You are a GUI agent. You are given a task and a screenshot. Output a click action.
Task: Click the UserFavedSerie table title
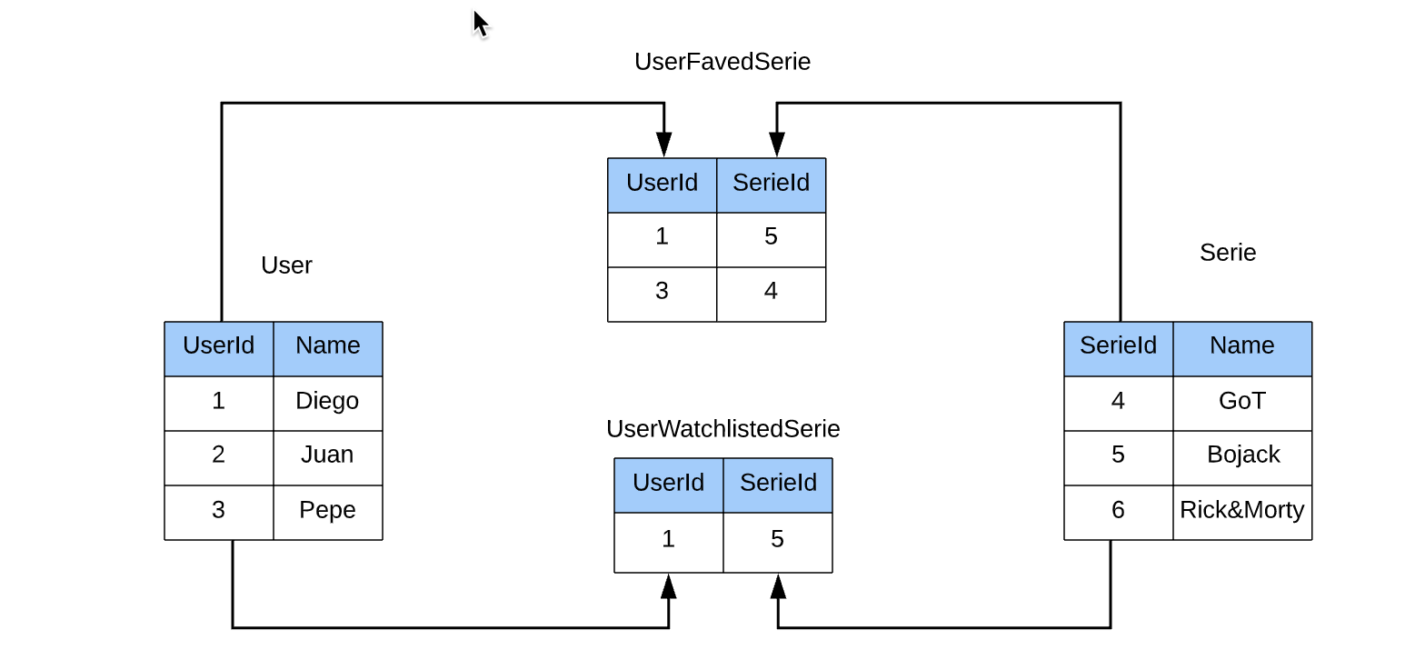[x=722, y=62]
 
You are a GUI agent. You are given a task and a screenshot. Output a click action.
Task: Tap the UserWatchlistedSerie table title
[x=722, y=429]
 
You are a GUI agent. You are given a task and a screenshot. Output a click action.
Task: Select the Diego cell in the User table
[x=327, y=401]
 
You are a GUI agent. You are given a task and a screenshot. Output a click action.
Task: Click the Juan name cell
[x=327, y=455]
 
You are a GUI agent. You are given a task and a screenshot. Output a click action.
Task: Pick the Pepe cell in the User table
[x=327, y=510]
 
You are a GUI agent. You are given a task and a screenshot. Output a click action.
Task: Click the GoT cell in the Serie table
[x=1242, y=401]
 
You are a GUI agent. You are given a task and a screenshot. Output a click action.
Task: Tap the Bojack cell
[x=1243, y=455]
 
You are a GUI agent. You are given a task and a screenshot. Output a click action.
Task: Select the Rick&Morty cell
[x=1241, y=510]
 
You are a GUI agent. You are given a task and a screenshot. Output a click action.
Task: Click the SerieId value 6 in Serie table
[x=1118, y=510]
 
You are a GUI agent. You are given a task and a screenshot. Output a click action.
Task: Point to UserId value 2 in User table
[x=218, y=455]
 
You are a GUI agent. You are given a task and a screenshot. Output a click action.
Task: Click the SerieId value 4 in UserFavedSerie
[x=771, y=291]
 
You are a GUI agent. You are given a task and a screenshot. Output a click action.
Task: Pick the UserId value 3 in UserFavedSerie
[x=662, y=291]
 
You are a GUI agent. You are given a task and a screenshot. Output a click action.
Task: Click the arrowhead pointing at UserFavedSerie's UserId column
[x=664, y=145]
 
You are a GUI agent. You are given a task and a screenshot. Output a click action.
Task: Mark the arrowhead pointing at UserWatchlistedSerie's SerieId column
[x=778, y=586]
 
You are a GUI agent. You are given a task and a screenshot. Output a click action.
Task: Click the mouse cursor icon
[x=481, y=25]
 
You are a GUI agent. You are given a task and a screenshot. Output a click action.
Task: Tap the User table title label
[x=286, y=265]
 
